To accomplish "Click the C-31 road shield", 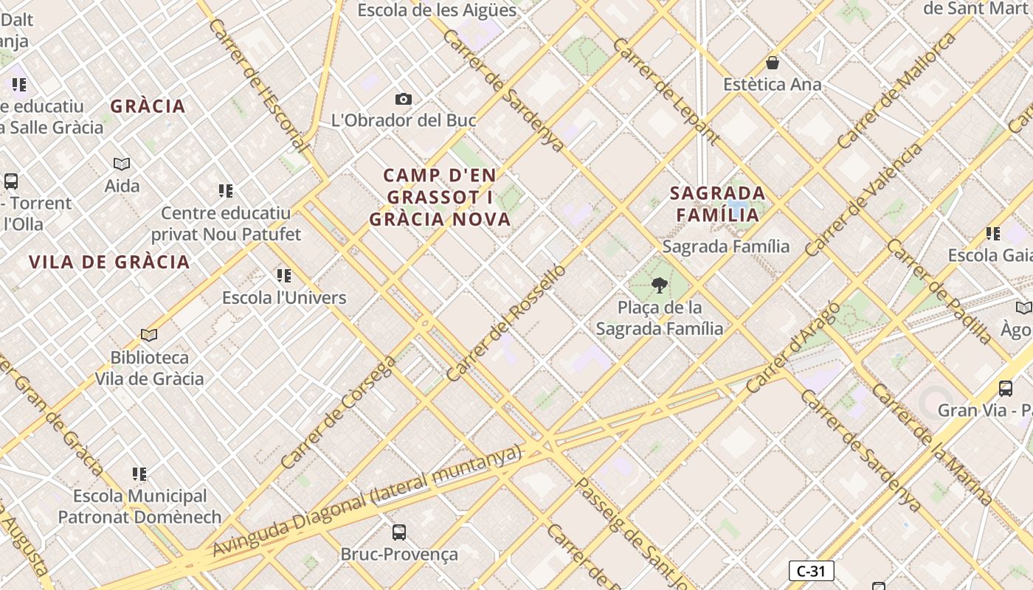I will click(811, 571).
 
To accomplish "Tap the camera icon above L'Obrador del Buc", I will click(403, 99).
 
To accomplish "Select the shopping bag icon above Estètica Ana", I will click(773, 63).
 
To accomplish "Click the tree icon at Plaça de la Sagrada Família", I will click(660, 285).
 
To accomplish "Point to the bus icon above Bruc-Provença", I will click(399, 532).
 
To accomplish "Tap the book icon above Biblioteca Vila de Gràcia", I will click(149, 336).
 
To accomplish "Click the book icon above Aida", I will click(122, 164).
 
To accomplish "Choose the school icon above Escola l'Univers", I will click(284, 276).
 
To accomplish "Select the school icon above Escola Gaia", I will click(993, 234).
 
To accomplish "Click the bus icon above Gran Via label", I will click(1005, 389).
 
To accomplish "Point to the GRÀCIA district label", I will click(148, 106).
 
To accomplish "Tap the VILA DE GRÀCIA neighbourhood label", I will click(109, 262).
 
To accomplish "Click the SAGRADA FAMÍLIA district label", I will click(717, 204).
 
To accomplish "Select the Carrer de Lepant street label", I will click(666, 90).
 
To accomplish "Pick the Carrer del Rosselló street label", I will click(506, 322).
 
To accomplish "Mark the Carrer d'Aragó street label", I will click(792, 347).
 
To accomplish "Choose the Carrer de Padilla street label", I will click(940, 291).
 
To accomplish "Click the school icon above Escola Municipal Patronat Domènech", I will click(139, 473).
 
